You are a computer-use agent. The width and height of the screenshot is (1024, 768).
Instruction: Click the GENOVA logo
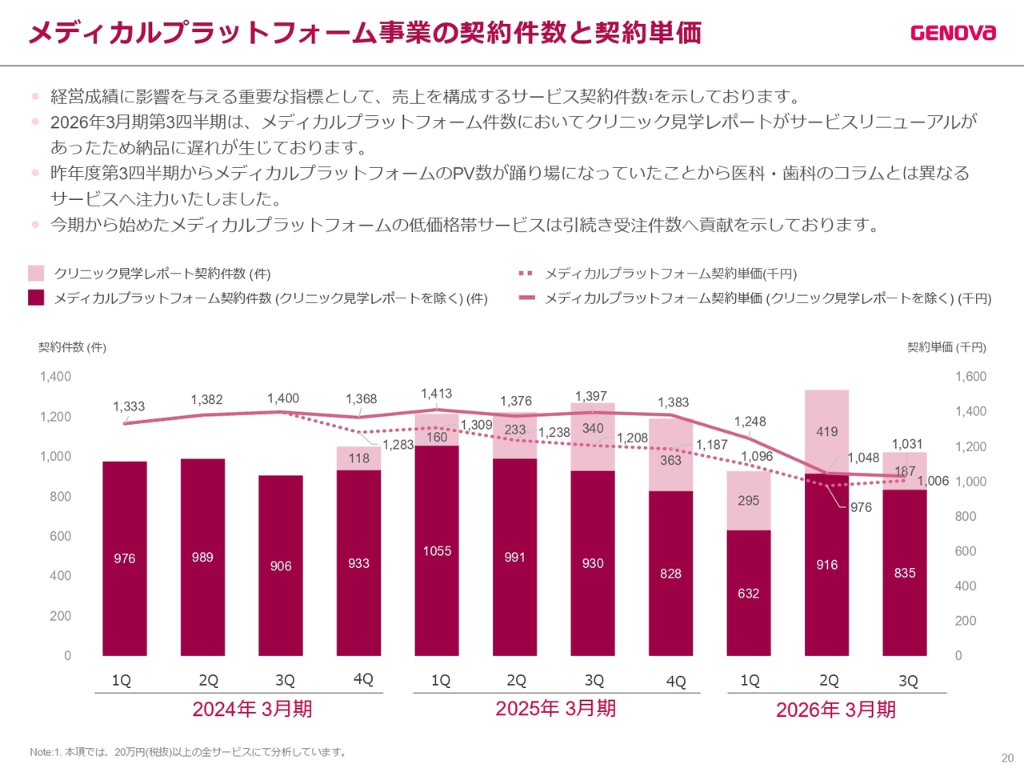[x=953, y=32]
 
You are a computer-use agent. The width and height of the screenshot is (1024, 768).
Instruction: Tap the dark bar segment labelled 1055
[x=437, y=550]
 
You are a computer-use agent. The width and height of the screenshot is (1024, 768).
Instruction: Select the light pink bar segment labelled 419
[x=826, y=431]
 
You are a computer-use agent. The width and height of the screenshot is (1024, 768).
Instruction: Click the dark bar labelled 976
[x=125, y=558]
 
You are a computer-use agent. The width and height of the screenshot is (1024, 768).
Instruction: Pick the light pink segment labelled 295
[x=748, y=501]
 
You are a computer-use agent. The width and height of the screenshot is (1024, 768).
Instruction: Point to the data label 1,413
[x=436, y=394]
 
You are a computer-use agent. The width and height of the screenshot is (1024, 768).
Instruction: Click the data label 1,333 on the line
[x=129, y=406]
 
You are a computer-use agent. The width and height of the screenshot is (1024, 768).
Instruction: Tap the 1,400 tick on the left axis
[x=55, y=376]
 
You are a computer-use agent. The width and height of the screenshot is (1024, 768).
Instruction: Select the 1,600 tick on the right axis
[x=970, y=376]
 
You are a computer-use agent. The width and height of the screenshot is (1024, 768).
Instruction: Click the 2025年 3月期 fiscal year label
[x=555, y=708]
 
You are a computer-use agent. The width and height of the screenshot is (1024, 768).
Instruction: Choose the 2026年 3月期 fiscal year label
[x=835, y=710]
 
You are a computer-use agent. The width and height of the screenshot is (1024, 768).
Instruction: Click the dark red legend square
[x=36, y=298]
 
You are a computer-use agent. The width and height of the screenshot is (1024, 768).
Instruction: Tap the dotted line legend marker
[x=526, y=274]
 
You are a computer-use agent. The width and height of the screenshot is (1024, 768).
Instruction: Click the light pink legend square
[x=36, y=274]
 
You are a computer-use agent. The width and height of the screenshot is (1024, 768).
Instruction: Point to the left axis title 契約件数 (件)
[x=72, y=347]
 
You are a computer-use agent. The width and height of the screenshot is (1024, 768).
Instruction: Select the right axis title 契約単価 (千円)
[x=946, y=347]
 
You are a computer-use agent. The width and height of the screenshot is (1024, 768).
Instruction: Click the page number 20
[x=1007, y=758]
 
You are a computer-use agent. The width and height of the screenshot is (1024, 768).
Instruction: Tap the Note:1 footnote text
[x=188, y=752]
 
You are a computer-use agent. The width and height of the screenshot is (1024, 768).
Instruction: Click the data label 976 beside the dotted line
[x=861, y=507]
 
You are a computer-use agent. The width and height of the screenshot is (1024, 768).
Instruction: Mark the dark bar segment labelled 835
[x=905, y=573]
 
